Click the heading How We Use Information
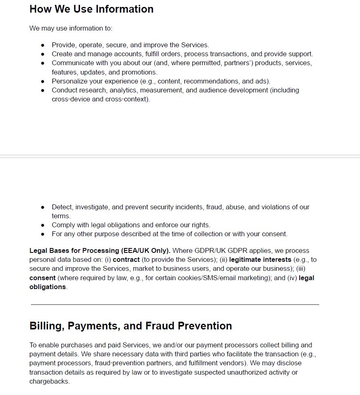pos(91,9)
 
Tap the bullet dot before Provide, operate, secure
pos(42,45)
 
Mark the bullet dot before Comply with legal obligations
pos(42,225)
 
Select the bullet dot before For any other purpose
pos(42,234)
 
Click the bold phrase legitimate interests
pos(260,259)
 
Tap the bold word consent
pos(42,278)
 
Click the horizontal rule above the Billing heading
pos(175,304)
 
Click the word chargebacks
pos(49,382)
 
